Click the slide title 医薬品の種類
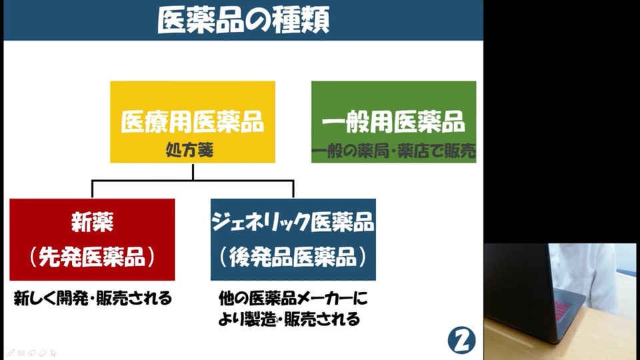pyautogui.click(x=243, y=21)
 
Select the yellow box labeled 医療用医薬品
pyautogui.click(x=193, y=121)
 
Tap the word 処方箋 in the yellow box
pyautogui.click(x=189, y=150)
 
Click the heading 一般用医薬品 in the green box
pyautogui.click(x=393, y=121)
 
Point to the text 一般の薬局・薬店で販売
pyautogui.click(x=393, y=151)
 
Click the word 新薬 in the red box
pyautogui.click(x=92, y=222)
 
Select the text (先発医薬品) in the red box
pyautogui.click(x=92, y=257)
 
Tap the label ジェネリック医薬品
pyautogui.click(x=293, y=222)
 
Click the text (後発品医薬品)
pyautogui.click(x=293, y=257)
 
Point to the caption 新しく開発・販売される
pyautogui.click(x=93, y=299)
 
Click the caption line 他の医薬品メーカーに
pyautogui.click(x=293, y=299)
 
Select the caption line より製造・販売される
pyautogui.click(x=289, y=319)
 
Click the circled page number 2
pyautogui.click(x=461, y=340)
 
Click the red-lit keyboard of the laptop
pyautogui.click(x=561, y=311)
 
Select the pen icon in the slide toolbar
pyautogui.click(x=11, y=353)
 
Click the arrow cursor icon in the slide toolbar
pyautogui.click(x=53, y=353)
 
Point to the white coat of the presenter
pyautogui.click(x=584, y=273)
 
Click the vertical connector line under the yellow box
pyautogui.click(x=193, y=171)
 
